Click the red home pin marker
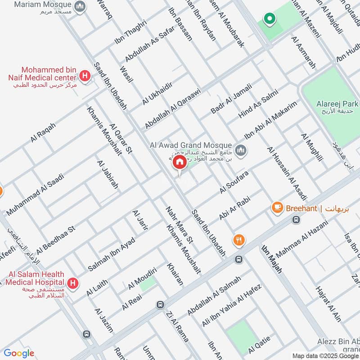coord(180,162)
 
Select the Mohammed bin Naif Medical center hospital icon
coord(84,76)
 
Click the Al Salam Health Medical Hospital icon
coord(72,283)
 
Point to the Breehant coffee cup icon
coord(277,207)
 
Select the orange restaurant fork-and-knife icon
coord(239,240)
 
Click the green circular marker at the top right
coord(270,19)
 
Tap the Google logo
coord(18,353)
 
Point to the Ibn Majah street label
coord(271,259)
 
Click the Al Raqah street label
coord(43,132)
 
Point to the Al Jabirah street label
coord(108,173)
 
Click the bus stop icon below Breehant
coord(296,220)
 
